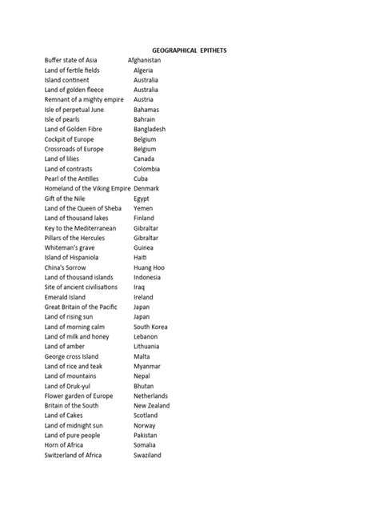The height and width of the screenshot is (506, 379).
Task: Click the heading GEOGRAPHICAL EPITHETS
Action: [x=189, y=50]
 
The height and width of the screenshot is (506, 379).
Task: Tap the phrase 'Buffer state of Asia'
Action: [x=72, y=60]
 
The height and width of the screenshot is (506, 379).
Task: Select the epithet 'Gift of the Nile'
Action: [x=68, y=199]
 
